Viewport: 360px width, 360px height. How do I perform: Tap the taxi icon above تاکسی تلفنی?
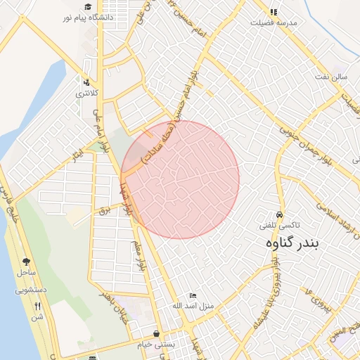click(280, 214)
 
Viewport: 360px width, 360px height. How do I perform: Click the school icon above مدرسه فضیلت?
click(274, 12)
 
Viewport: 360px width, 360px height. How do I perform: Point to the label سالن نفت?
click(332, 75)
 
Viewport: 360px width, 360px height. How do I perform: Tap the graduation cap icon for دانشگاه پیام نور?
click(88, 7)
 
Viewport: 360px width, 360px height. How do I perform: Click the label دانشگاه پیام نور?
click(89, 18)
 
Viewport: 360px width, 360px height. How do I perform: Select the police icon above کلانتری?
click(86, 82)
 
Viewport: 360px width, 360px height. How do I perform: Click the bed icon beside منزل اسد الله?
click(193, 295)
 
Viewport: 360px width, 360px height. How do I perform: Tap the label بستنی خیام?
click(156, 345)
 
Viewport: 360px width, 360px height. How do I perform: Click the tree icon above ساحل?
click(27, 261)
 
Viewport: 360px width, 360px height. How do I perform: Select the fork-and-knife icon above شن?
click(37, 306)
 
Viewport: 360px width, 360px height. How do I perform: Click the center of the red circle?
click(180, 179)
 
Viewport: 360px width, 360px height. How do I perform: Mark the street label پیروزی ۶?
click(317, 299)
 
